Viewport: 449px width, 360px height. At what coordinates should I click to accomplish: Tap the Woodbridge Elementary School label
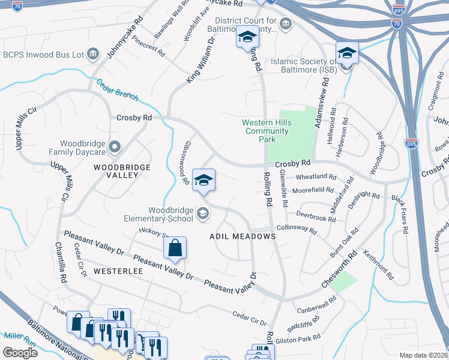coord(163,214)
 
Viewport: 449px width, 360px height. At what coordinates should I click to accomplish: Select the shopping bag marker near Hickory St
coord(175,248)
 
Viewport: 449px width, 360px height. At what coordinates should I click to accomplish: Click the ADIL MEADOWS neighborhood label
coord(243,236)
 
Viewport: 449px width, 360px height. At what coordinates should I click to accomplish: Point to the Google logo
coord(20,353)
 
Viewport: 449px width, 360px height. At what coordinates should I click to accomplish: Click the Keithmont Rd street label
coord(379,266)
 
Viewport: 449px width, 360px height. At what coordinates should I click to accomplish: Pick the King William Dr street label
coord(200,60)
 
